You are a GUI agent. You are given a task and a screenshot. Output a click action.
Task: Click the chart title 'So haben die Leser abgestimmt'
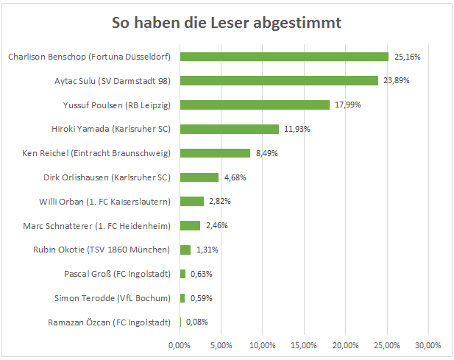(x=227, y=23)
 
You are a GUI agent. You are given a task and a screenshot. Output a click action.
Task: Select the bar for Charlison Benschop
(x=284, y=57)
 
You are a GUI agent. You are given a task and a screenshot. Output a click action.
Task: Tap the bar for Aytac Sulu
(x=279, y=81)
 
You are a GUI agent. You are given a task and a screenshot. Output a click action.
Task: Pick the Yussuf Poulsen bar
(x=255, y=105)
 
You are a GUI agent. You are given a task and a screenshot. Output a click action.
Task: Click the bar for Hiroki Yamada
(x=230, y=129)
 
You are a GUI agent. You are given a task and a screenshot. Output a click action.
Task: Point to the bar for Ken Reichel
(x=215, y=153)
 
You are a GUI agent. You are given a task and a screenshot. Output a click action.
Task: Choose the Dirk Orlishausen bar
(x=199, y=177)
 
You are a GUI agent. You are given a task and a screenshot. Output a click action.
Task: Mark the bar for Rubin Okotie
(x=185, y=250)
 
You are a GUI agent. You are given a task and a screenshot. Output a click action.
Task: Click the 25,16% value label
(x=407, y=57)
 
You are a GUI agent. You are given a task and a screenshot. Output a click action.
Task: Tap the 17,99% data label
(x=348, y=105)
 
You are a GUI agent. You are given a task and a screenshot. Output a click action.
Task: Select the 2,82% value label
(x=220, y=201)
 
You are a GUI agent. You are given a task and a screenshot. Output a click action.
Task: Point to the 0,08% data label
(x=197, y=322)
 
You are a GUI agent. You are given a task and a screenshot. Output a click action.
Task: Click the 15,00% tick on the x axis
(x=304, y=345)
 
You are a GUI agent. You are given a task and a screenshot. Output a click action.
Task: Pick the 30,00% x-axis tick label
(x=428, y=345)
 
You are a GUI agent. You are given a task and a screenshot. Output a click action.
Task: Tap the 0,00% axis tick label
(x=180, y=345)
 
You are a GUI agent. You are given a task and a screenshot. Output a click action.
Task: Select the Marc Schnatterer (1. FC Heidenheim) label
(x=96, y=226)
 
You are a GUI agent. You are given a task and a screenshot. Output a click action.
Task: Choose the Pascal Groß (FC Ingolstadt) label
(x=117, y=274)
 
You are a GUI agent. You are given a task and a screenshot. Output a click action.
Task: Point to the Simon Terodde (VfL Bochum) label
(x=113, y=298)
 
